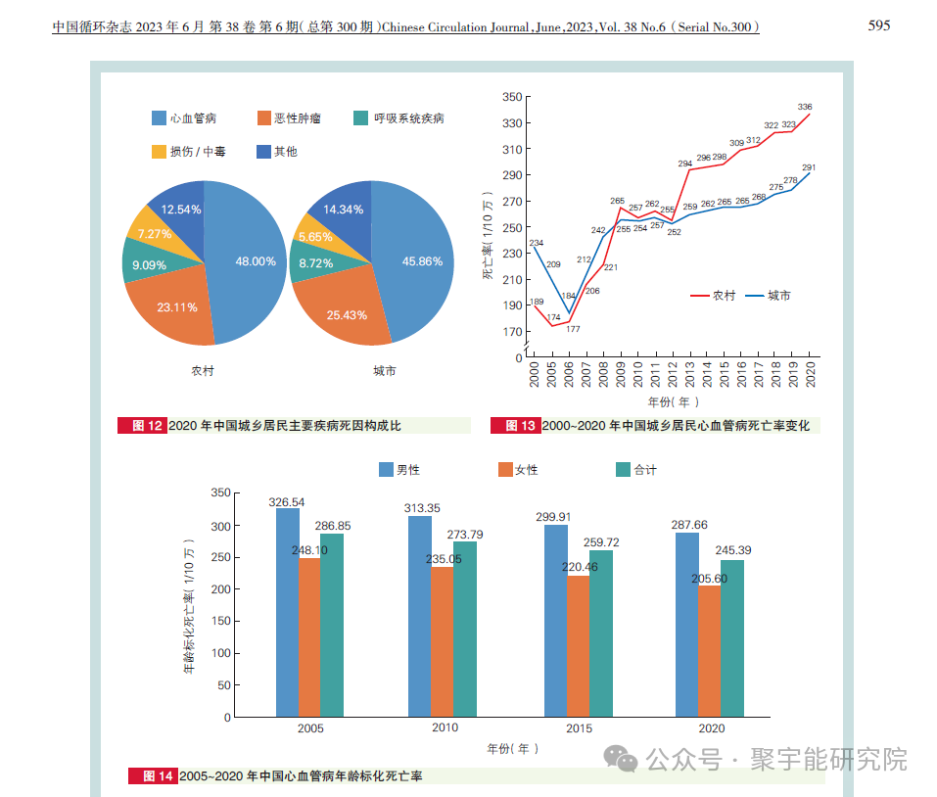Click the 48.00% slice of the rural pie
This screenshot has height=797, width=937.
[250, 261]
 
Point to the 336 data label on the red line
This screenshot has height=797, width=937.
[805, 107]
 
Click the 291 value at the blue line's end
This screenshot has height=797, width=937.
[809, 167]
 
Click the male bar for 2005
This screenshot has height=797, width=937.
[288, 612]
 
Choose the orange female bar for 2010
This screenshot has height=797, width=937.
[442, 641]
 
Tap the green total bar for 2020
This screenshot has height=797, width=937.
[731, 637]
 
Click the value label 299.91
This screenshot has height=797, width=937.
[555, 516]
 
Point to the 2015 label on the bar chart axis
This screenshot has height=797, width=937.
[579, 728]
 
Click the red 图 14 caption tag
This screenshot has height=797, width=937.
[153, 775]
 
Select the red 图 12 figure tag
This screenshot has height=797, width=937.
[142, 426]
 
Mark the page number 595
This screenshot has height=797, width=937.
[879, 25]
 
